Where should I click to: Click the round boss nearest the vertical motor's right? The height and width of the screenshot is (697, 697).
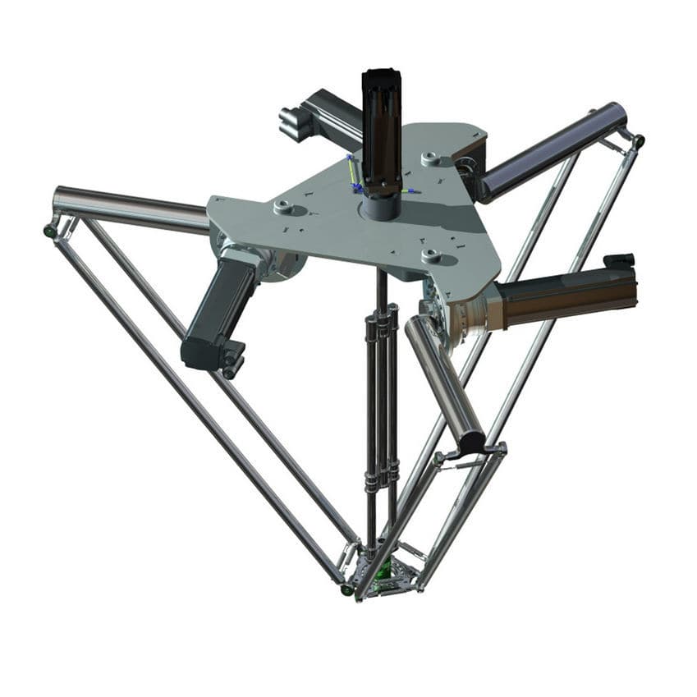[430, 158]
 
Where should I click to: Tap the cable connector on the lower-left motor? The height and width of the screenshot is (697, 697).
[233, 360]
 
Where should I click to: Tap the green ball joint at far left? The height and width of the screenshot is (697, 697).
[50, 232]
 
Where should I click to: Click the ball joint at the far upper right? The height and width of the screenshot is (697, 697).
[637, 140]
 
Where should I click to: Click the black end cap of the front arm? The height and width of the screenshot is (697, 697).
[474, 444]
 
